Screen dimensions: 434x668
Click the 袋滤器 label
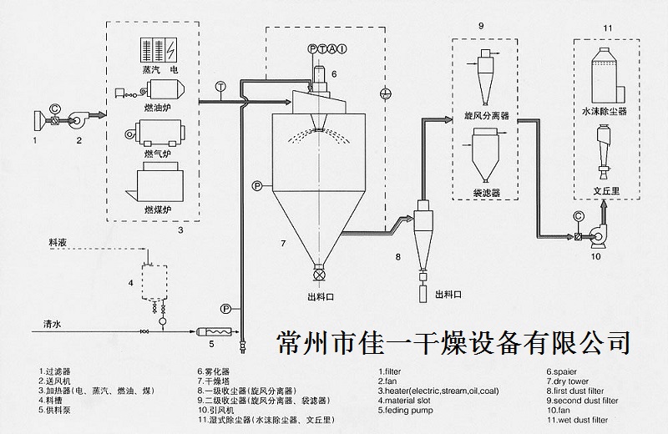click(486, 192)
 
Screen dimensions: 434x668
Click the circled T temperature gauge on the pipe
click(220, 86)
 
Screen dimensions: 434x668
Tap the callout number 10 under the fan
click(596, 257)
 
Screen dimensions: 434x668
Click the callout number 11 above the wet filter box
click(608, 30)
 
